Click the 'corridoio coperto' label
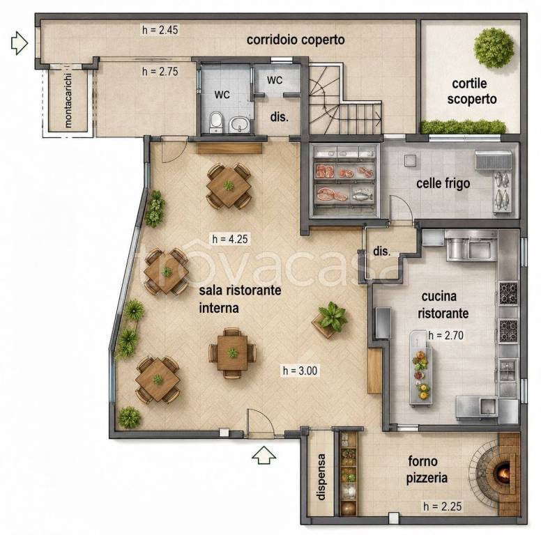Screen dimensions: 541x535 click(x=296, y=40)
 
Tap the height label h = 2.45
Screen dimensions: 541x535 click(x=160, y=30)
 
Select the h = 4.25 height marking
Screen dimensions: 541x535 click(x=230, y=239)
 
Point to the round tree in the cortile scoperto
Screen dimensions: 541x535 click(x=494, y=48)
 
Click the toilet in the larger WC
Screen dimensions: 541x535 click(x=216, y=122)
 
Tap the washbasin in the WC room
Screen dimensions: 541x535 click(x=238, y=124)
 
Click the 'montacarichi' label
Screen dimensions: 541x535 click(x=68, y=100)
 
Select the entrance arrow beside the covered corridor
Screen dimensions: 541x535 click(x=20, y=42)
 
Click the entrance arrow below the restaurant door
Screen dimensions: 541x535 click(x=264, y=455)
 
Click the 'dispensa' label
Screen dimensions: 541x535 click(x=321, y=477)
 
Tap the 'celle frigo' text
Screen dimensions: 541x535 click(x=443, y=183)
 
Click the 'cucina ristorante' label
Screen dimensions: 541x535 click(x=443, y=304)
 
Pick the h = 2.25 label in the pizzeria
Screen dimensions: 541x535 click(x=442, y=506)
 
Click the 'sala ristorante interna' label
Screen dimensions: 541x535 click(x=240, y=299)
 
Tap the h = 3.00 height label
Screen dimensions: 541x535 click(x=300, y=371)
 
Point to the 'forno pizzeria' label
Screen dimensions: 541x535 click(x=427, y=470)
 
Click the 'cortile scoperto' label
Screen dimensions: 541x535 click(x=472, y=91)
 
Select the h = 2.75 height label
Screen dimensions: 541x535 click(x=160, y=71)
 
